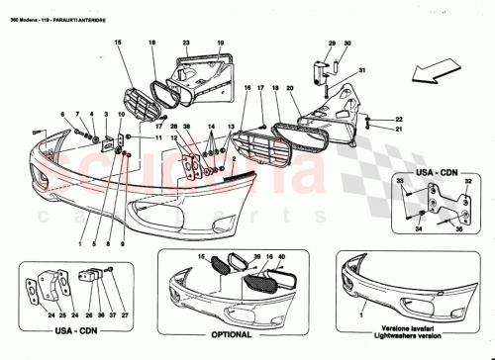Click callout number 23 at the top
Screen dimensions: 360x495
pos(186,43)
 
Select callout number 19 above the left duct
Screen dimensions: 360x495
pos(221,43)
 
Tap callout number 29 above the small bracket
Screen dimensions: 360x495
pos(332,43)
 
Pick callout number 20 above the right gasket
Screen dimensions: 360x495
pos(290,88)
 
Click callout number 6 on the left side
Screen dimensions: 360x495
pos(62,115)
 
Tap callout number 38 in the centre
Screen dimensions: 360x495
pos(185,127)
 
